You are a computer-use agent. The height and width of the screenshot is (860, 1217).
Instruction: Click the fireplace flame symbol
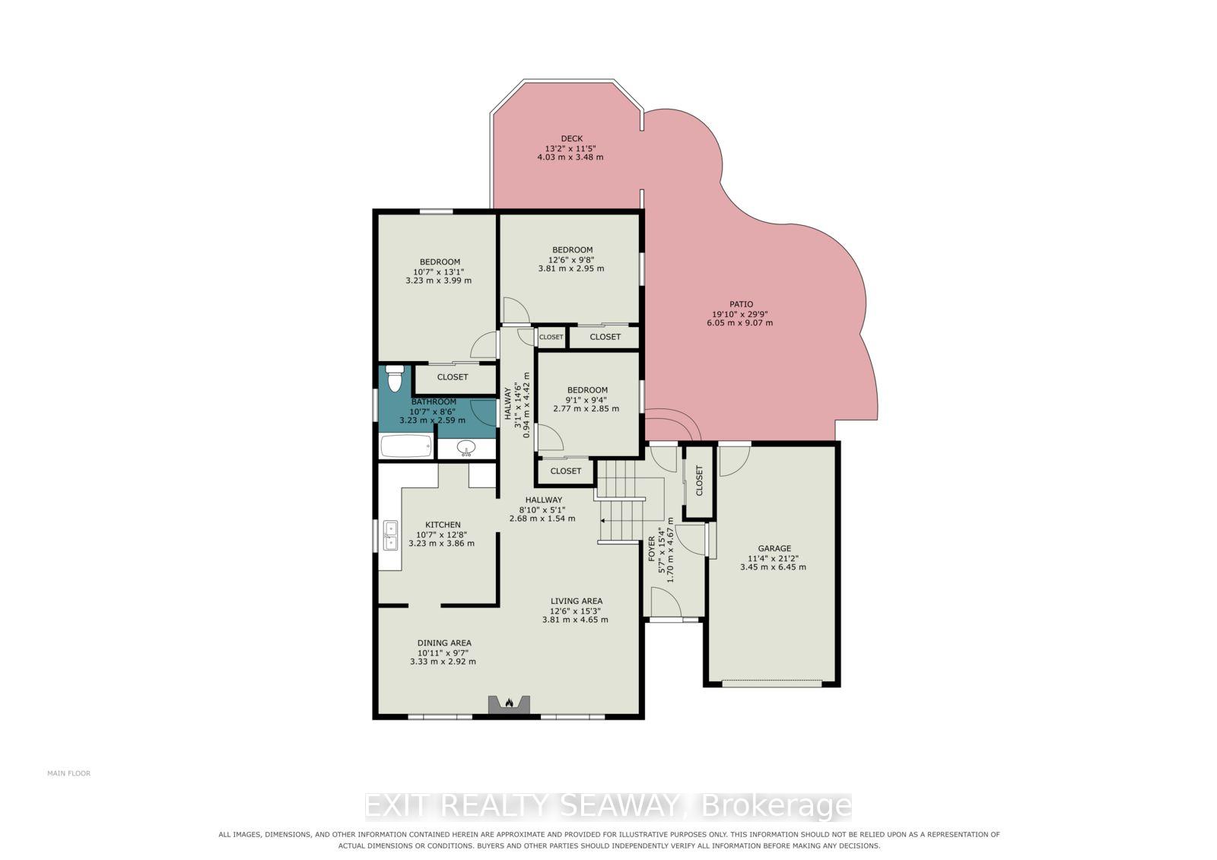509,703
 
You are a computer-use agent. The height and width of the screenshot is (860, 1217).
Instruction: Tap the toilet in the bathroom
395,378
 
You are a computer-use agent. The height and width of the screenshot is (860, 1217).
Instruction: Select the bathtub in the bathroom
406,446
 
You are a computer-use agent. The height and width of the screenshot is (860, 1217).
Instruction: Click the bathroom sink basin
466,448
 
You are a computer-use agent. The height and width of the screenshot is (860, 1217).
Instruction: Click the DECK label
571,138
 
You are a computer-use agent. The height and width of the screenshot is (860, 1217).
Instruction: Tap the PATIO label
741,304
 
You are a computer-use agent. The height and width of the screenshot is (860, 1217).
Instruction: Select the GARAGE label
774,548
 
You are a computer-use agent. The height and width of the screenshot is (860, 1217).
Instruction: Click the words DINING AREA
444,643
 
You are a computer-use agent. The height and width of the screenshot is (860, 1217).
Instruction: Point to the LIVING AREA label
577,601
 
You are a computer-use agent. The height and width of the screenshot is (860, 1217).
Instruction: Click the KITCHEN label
443,524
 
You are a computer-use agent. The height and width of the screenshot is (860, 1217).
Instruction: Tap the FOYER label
652,549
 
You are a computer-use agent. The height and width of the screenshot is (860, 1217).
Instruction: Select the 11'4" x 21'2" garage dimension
773,558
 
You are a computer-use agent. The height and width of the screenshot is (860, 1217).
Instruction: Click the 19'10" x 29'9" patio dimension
740,314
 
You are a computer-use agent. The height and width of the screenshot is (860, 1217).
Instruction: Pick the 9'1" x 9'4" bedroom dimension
586,399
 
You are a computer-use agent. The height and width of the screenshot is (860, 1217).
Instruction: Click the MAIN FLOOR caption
69,773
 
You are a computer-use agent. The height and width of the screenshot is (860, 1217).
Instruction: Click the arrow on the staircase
621,520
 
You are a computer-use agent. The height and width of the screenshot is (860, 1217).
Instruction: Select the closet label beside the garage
699,481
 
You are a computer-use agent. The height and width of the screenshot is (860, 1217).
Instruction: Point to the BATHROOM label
434,401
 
